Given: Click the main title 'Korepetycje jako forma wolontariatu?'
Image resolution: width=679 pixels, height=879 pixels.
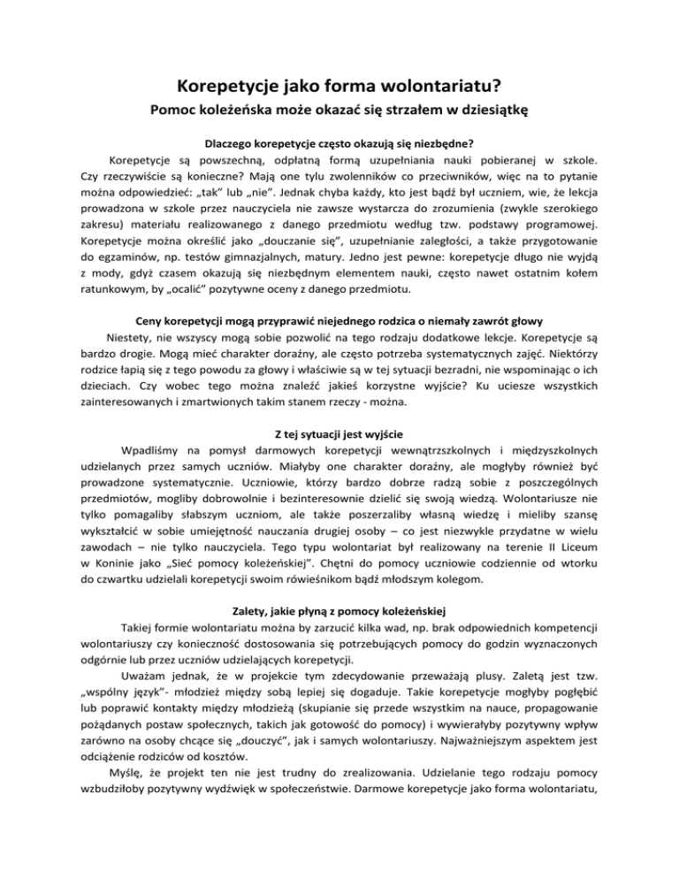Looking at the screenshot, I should [x=339, y=87].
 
